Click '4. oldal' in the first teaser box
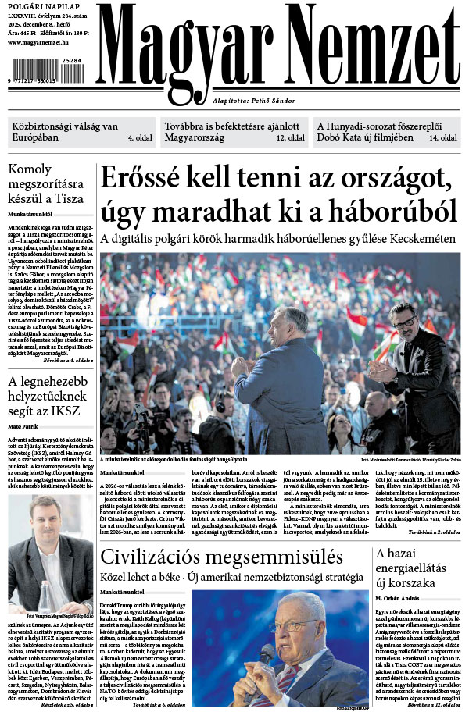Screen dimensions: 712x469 coord(139,137)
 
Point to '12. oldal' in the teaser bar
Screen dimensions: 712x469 coord(290,137)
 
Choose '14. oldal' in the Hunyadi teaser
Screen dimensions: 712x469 coord(442,137)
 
